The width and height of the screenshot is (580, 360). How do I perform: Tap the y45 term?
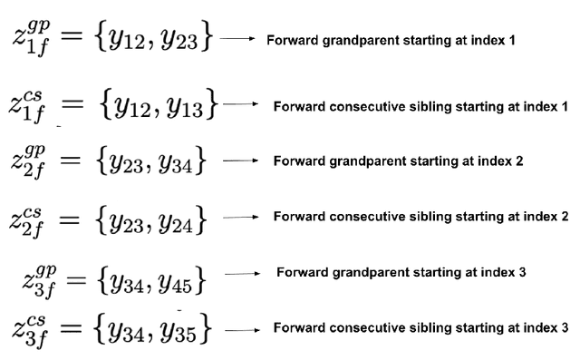(182, 282)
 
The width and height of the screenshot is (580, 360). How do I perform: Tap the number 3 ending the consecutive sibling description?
(565, 326)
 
